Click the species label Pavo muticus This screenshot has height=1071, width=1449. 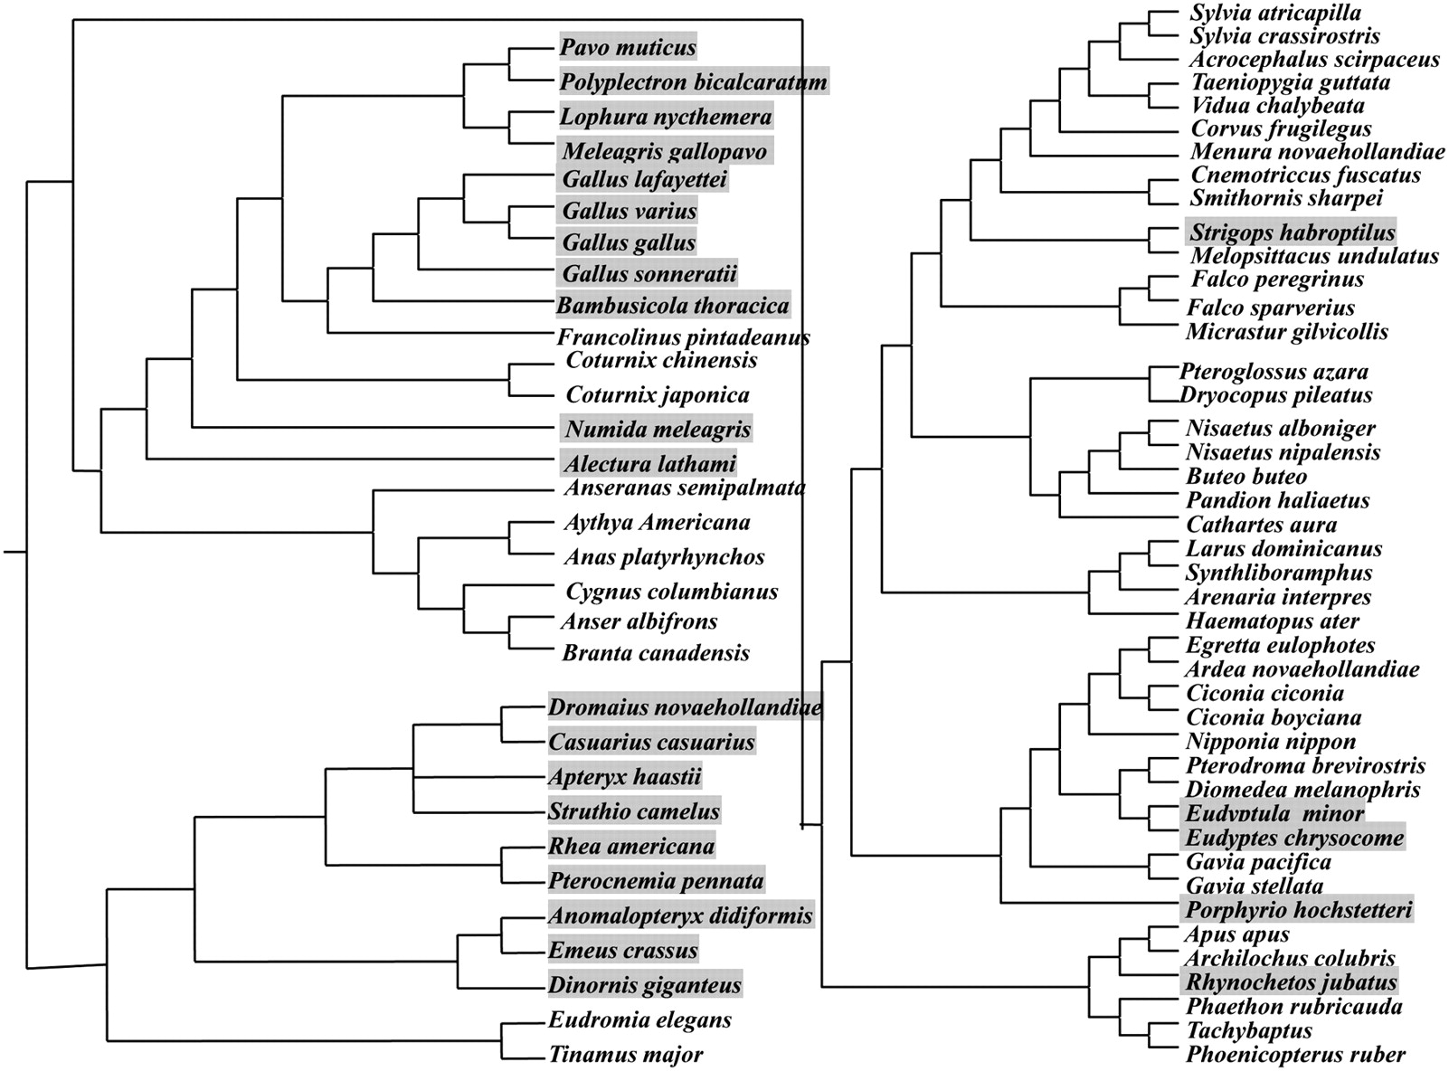coord(628,47)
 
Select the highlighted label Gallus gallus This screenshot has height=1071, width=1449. coord(629,242)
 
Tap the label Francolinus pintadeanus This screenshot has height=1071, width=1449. coord(683,337)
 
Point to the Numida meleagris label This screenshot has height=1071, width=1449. coord(658,429)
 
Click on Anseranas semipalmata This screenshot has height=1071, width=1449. coord(684,488)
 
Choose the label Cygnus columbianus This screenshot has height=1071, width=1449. coord(671,592)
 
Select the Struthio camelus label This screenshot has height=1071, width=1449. coord(633,811)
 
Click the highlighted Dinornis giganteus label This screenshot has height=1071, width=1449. coord(645,985)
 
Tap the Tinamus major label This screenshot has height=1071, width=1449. coord(626,1055)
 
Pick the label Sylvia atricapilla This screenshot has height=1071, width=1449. coord(1275,13)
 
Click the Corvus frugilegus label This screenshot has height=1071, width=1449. coord(1281,128)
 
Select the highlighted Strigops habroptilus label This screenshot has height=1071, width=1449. coord(1292,232)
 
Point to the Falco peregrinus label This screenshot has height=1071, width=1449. coord(1277,280)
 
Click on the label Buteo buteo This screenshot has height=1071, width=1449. coord(1246,477)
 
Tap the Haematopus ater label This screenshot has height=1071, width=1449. coord(1272,621)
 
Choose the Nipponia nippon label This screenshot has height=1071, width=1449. coord(1271,742)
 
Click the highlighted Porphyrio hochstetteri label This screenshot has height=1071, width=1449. coord(1298,910)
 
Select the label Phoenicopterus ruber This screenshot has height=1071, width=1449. coord(1295,1055)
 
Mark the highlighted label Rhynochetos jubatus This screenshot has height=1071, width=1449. coord(1291,982)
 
